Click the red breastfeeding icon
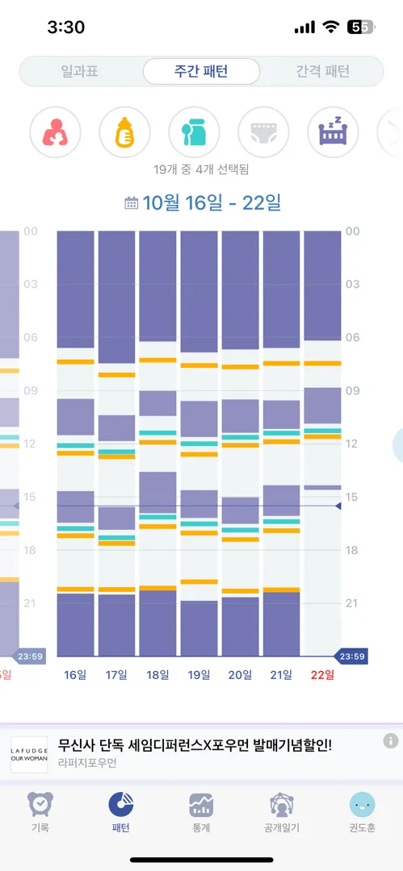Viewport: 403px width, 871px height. click(55, 132)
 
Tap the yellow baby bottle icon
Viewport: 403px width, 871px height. click(124, 132)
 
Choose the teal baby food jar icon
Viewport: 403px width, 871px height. click(195, 132)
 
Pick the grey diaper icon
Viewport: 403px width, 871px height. click(264, 132)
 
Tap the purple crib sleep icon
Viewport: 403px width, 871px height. click(334, 132)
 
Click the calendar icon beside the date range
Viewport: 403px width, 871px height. click(132, 202)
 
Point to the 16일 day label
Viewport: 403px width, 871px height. click(76, 675)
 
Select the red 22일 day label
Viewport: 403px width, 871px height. click(323, 675)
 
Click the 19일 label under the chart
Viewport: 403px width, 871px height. click(199, 675)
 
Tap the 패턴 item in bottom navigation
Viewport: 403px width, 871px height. click(121, 811)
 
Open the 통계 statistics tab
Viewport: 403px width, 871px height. click(201, 811)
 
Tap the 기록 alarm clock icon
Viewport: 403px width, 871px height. click(40, 804)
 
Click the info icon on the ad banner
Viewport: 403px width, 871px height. click(391, 740)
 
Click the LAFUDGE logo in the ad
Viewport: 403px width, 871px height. click(30, 754)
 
